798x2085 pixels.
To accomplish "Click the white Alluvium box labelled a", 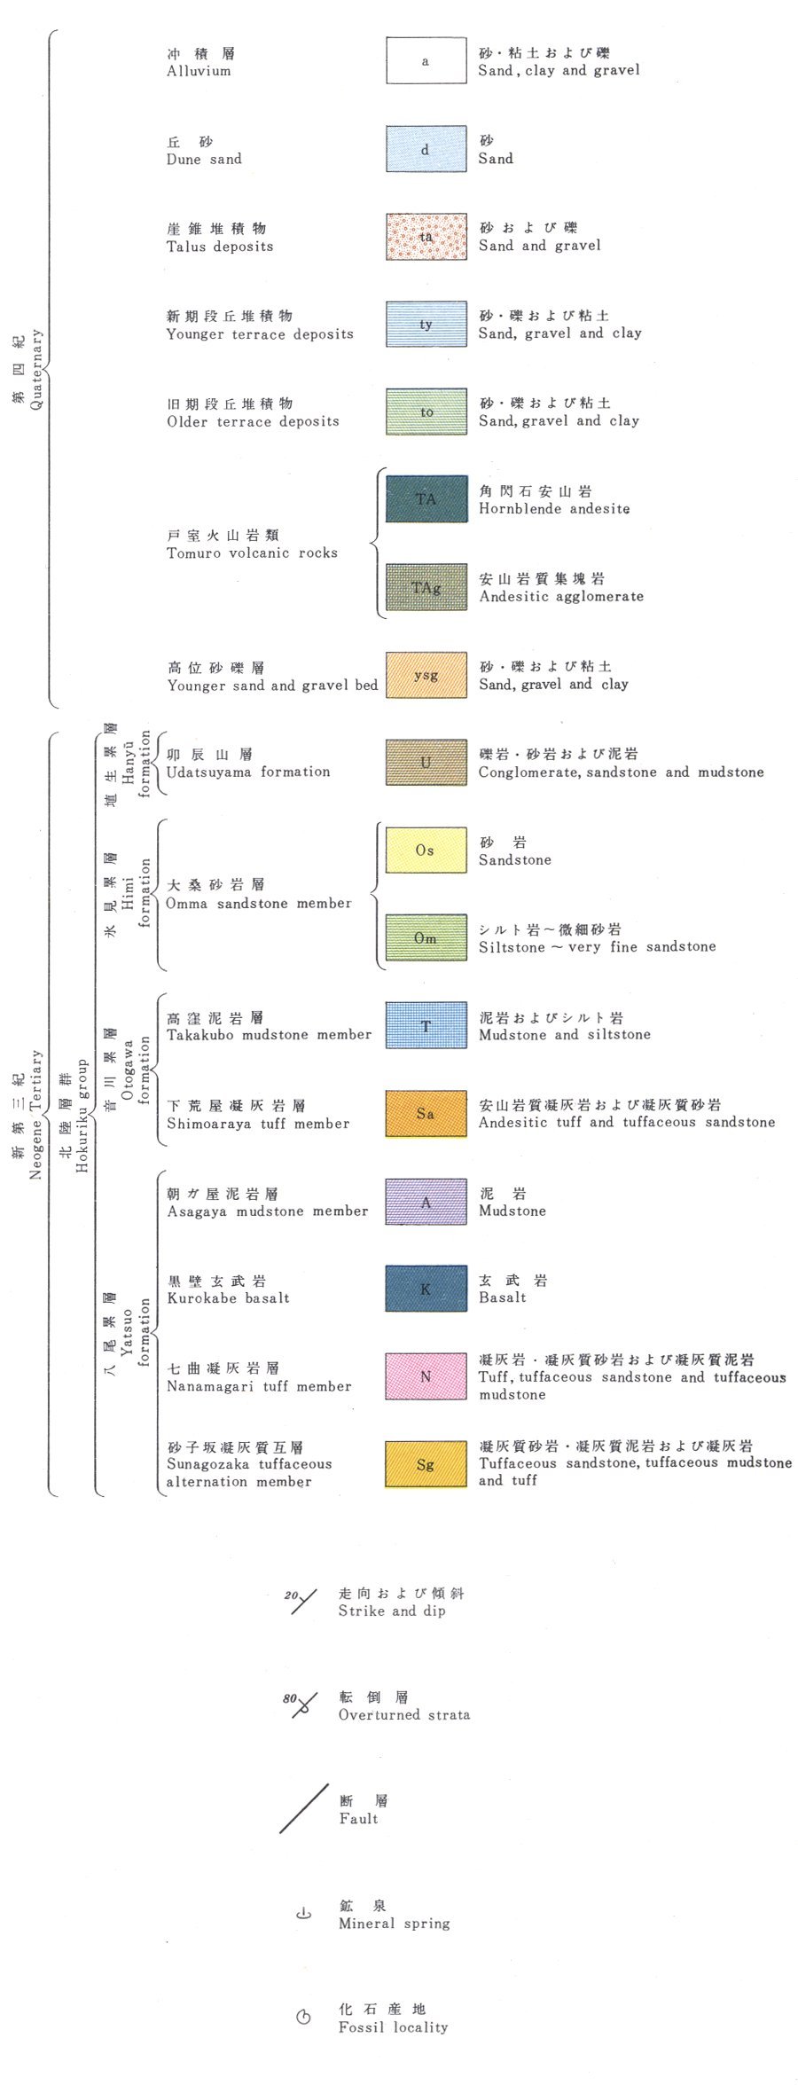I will click(x=426, y=61).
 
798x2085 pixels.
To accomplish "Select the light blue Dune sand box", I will click(x=426, y=149).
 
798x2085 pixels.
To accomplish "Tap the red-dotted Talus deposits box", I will click(x=426, y=237).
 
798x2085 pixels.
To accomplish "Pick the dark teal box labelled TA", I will click(x=426, y=499).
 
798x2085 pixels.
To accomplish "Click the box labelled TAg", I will click(x=426, y=587).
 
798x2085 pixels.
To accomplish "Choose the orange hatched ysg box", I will click(x=426, y=675).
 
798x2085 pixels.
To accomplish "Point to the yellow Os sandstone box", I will click(x=426, y=850).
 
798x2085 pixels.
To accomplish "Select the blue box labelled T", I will click(x=426, y=1026).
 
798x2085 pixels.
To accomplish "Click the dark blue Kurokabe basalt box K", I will click(x=426, y=1289).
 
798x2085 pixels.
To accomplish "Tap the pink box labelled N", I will click(x=426, y=1376).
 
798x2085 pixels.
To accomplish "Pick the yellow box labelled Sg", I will click(x=426, y=1464).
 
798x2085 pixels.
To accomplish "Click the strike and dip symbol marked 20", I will click(x=303, y=1602).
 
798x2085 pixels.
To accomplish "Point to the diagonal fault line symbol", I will click(x=304, y=1809).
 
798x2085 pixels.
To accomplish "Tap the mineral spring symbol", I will click(x=303, y=1914).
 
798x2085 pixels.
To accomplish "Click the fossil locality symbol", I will click(x=303, y=2018).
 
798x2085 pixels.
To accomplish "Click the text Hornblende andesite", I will click(x=554, y=509).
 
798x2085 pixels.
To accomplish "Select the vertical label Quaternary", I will click(x=36, y=369).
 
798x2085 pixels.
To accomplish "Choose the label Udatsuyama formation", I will click(x=248, y=772).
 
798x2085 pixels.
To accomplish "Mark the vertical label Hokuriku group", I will click(x=82, y=1115).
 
